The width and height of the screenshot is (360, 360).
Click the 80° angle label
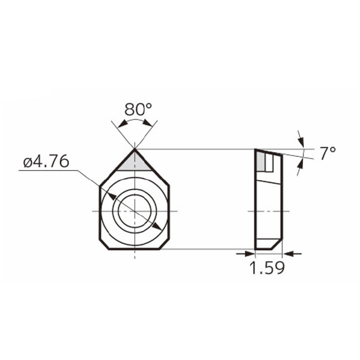coord(138,109)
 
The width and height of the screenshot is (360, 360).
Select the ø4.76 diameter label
coord(46,161)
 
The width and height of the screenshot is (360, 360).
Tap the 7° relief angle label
coord(328,154)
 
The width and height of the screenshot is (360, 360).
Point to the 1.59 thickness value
coord(267,268)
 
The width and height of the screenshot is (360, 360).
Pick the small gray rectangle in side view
coord(260,161)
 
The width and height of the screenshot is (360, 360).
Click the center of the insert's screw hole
coord(135,211)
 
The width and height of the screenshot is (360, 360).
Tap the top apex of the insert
coord(135,149)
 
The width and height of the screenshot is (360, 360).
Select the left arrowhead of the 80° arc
coord(122,124)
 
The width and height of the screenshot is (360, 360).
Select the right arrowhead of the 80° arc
coord(147,123)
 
